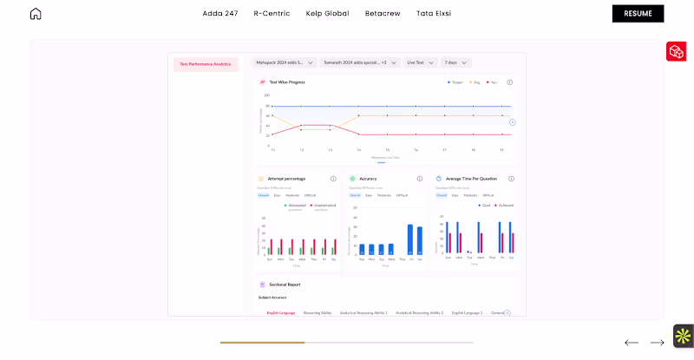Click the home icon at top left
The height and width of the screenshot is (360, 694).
36,13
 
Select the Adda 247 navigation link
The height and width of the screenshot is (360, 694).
219,13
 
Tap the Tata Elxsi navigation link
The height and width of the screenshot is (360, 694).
434,13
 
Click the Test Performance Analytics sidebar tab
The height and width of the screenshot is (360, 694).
206,64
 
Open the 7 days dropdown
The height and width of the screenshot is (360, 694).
455,62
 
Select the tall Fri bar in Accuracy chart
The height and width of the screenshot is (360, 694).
410,239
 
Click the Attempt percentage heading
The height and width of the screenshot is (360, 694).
285,179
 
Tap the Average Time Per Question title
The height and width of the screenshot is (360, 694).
471,179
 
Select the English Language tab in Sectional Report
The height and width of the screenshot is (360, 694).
281,312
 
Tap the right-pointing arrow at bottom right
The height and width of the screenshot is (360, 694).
658,343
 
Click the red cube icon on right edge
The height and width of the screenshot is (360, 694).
676,52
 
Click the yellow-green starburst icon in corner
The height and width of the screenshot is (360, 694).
684,336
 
